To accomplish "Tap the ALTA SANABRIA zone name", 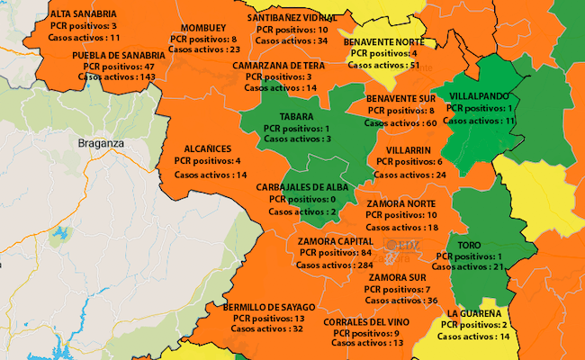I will coord(84,14).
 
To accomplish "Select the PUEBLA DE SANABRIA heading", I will coord(119,55).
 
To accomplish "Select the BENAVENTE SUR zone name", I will coord(401,97).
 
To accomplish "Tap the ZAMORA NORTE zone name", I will coord(401,204).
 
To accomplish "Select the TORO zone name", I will coord(469,245).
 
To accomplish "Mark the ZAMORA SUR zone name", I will coord(397,277).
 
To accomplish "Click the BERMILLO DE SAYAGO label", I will coord(269,307).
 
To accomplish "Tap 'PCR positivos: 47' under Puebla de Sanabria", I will coord(119,67).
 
